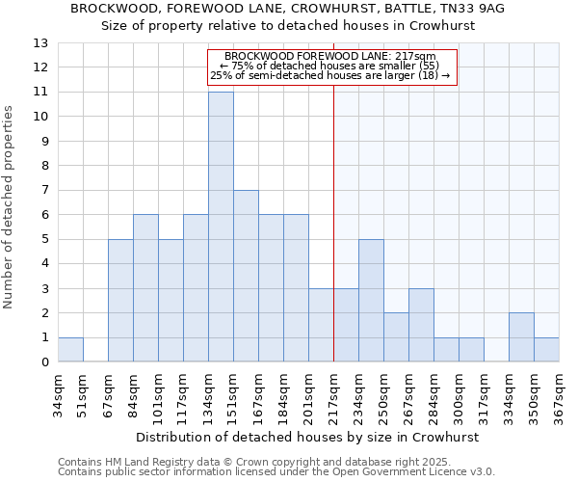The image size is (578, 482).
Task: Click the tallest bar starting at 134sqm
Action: pyautogui.click(x=221, y=227)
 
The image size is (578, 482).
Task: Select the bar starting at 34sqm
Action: pyautogui.click(x=70, y=350)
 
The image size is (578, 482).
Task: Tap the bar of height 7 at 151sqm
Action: pyautogui.click(x=246, y=276)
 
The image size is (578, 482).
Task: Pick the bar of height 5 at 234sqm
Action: pyautogui.click(x=371, y=301)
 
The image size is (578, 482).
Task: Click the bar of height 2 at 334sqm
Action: pyautogui.click(x=521, y=337)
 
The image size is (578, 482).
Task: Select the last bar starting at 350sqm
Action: pyautogui.click(x=546, y=350)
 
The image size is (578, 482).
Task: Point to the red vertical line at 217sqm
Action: pyautogui.click(x=333, y=241)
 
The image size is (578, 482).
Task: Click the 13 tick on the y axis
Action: pyautogui.click(x=40, y=43)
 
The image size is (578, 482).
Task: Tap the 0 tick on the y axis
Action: pyautogui.click(x=44, y=362)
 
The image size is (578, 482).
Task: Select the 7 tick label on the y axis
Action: pyautogui.click(x=44, y=191)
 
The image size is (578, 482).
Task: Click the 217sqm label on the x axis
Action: pyautogui.click(x=333, y=394)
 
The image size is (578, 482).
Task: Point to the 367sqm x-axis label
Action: pyautogui.click(x=559, y=394)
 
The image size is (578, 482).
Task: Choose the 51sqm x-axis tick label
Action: pyautogui.click(x=83, y=394)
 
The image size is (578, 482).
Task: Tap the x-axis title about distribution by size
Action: pyautogui.click(x=307, y=437)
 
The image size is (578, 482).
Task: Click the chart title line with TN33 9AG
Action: pyautogui.click(x=288, y=9)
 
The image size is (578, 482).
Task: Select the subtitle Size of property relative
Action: pyautogui.click(x=288, y=26)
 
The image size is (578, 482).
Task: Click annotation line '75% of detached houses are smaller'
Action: pyautogui.click(x=330, y=66)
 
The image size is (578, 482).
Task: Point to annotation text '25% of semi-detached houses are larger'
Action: pyautogui.click(x=330, y=75)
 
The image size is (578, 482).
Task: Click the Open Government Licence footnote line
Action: pyautogui.click(x=276, y=472)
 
